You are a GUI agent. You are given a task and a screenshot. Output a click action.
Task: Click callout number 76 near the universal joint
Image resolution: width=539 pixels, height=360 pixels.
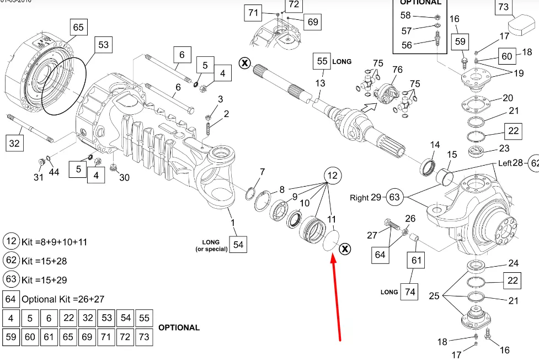[397, 70]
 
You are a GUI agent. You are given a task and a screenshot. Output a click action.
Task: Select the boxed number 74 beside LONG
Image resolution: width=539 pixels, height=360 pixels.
[409, 292]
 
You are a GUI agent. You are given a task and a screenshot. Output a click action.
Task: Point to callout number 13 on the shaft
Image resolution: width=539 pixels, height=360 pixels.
[320, 83]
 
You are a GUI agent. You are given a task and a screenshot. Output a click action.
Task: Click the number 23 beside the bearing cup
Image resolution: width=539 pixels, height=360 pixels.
[504, 148]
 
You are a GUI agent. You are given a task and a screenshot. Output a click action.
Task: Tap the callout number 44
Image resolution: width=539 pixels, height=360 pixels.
[54, 172]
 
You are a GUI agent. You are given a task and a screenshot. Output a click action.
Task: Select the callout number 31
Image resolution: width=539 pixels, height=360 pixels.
[38, 177]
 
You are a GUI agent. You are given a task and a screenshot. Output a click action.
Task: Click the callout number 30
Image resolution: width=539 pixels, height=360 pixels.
[125, 177]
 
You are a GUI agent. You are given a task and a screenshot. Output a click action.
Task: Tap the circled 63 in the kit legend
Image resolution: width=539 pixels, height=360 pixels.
[11, 279]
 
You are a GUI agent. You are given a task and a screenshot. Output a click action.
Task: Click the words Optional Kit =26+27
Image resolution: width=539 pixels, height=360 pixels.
[63, 299]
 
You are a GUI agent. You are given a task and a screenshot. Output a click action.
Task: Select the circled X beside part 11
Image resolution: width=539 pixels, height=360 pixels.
[345, 250]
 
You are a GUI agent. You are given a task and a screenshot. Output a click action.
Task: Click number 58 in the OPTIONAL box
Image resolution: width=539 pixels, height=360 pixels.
[405, 15]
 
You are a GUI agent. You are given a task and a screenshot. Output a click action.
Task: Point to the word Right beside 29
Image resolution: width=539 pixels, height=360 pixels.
[359, 198]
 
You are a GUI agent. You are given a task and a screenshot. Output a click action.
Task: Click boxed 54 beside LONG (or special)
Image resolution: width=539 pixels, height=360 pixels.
[237, 244]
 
